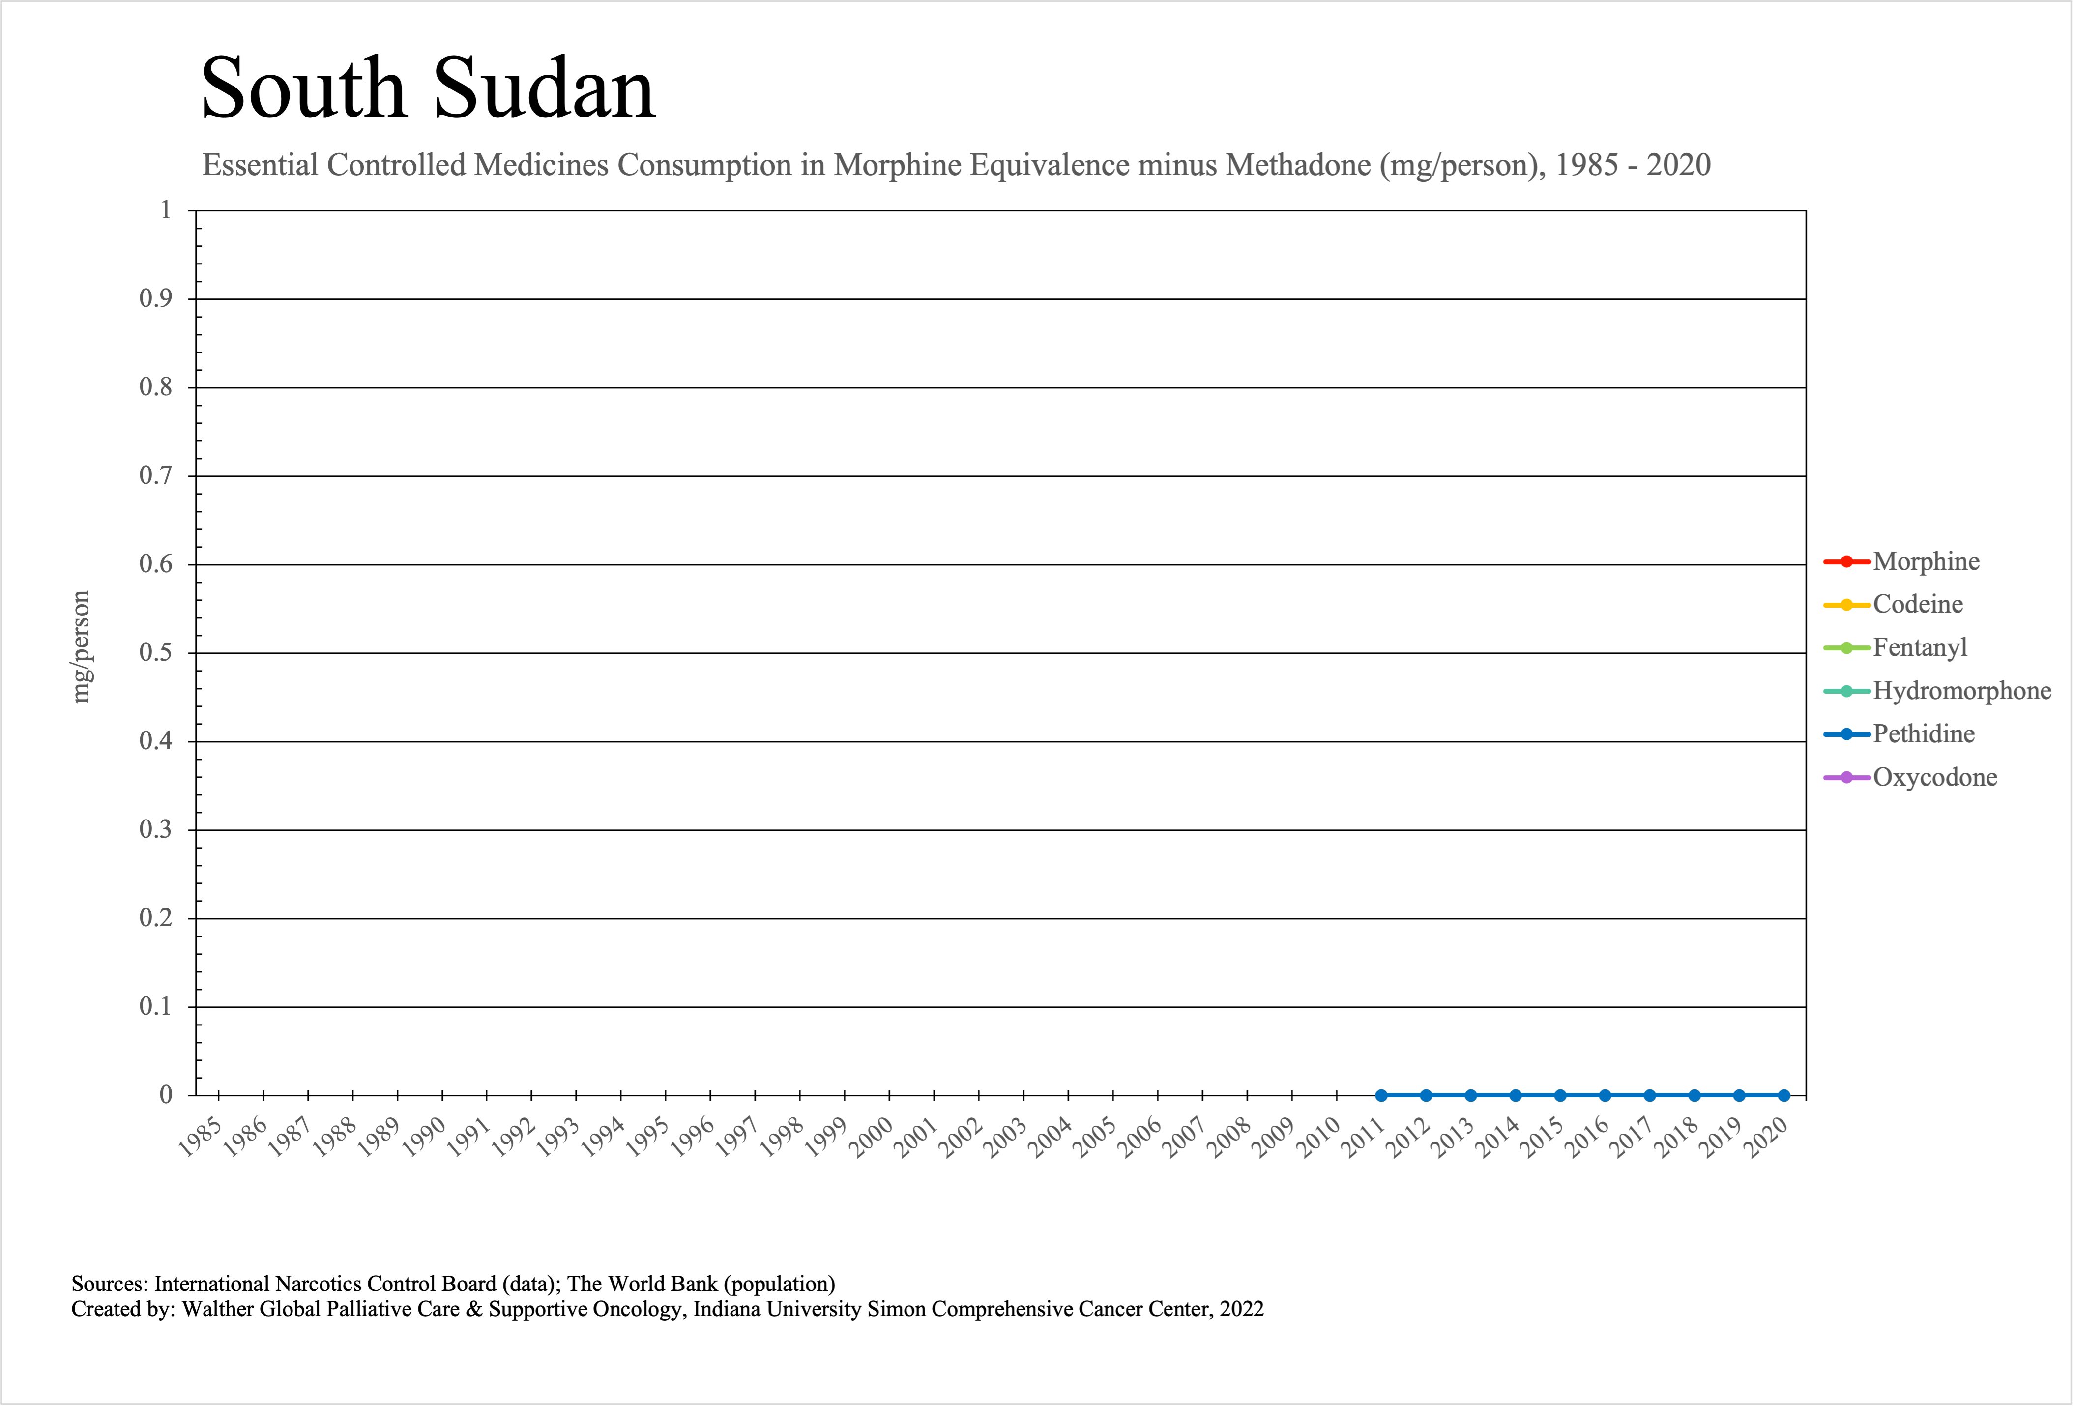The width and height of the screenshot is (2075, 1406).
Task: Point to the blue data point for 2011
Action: coord(1381,1095)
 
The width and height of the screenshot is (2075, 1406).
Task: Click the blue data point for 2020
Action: coord(1784,1095)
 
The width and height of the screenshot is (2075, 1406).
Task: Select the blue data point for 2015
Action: coord(1560,1095)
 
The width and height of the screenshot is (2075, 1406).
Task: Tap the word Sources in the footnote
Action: coord(109,1284)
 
